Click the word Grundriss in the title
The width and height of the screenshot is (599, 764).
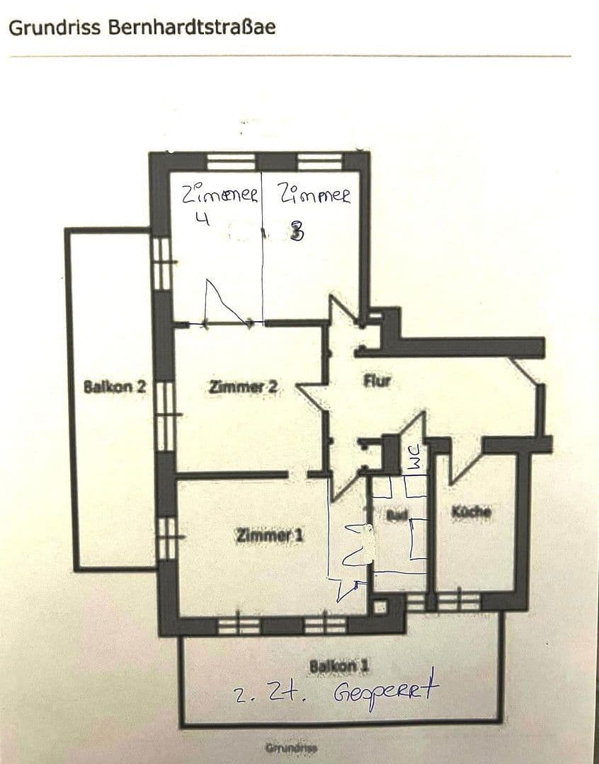coord(55,28)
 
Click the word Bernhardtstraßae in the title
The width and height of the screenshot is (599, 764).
coord(191,28)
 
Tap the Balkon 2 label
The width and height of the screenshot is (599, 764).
coord(115,387)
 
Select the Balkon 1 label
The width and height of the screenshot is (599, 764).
coord(339,666)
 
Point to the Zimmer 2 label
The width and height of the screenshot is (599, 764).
coord(243,387)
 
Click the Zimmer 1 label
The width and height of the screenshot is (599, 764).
coord(269,536)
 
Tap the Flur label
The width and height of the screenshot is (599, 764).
coord(377,381)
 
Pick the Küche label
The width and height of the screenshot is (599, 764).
coord(471,511)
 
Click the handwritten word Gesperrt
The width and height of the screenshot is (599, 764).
coord(387,689)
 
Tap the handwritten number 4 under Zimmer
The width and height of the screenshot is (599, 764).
coord(202,219)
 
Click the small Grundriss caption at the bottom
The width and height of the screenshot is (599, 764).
coord(291,748)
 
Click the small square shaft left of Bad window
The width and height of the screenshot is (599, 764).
coord(380,606)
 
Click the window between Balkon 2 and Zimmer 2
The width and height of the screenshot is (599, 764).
coord(164,416)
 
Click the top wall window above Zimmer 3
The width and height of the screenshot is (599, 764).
coord(319,161)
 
